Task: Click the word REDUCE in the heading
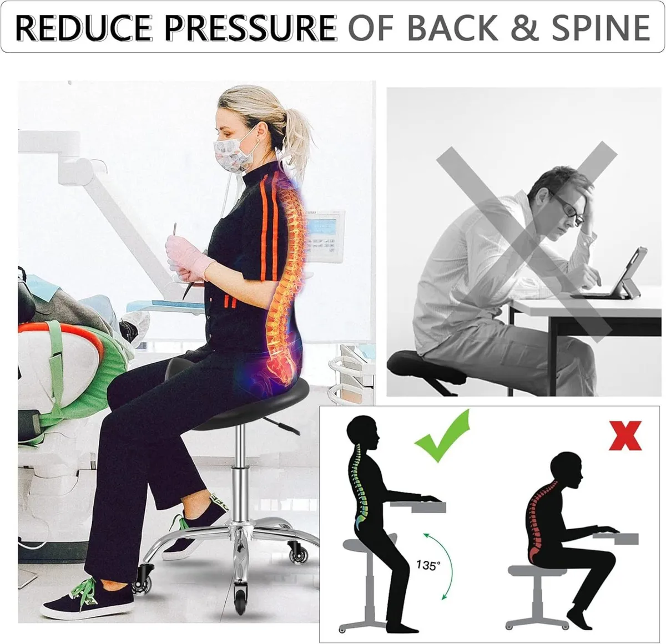tap(83, 28)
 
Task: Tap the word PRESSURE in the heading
tap(250, 28)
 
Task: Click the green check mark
tap(442, 437)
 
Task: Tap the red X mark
tap(625, 435)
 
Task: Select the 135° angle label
tap(428, 565)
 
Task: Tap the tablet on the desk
tap(619, 273)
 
